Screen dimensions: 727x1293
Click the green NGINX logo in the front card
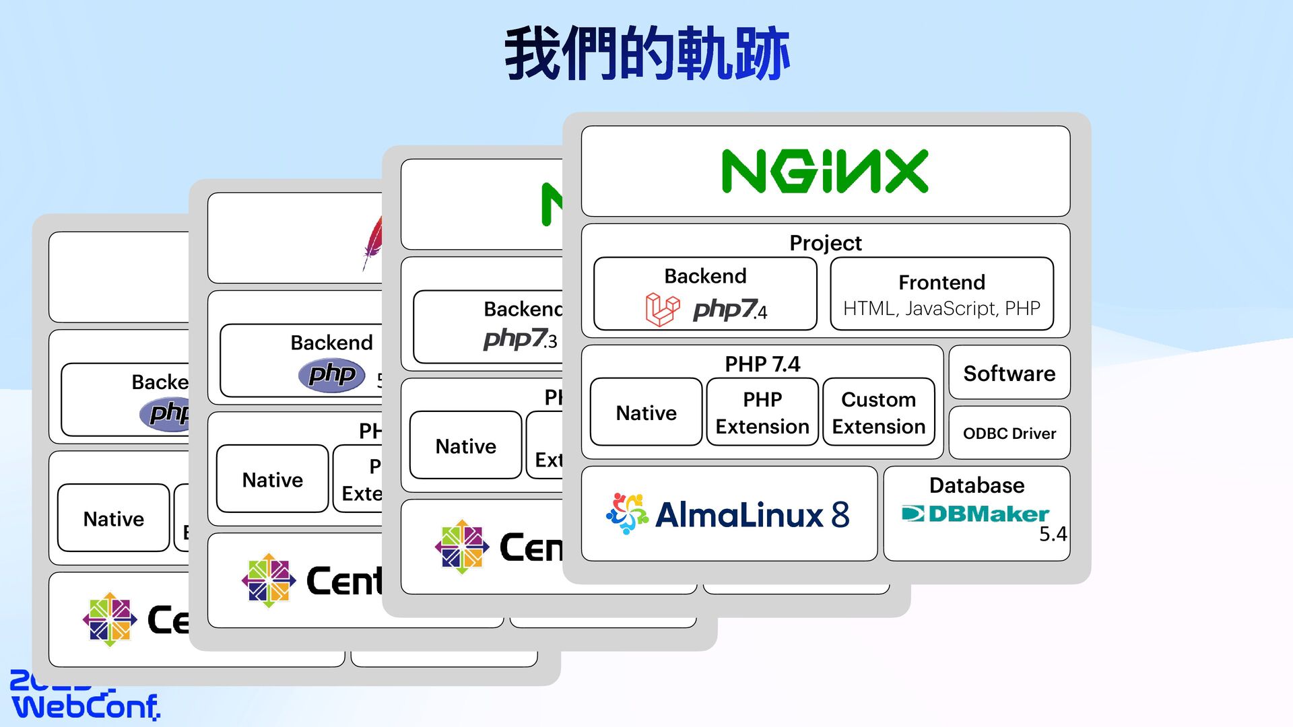(x=825, y=172)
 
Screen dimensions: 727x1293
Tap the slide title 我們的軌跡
(x=646, y=54)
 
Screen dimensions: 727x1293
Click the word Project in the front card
(x=825, y=243)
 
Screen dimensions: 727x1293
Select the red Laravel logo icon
(x=662, y=310)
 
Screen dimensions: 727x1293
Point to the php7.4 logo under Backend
(x=729, y=310)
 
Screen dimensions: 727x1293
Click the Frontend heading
(x=941, y=282)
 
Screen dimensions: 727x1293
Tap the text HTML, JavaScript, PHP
(x=941, y=308)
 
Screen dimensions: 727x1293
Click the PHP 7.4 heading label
(x=762, y=364)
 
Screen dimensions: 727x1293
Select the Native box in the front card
(x=646, y=413)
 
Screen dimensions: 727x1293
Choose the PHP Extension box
(x=762, y=413)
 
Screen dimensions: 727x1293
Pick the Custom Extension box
(x=878, y=413)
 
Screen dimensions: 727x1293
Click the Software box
(x=1009, y=373)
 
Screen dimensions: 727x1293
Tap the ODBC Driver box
(x=1009, y=433)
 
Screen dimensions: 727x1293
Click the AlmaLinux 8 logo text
(x=752, y=515)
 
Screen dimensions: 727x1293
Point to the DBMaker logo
(x=975, y=514)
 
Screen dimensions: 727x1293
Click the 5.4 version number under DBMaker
(x=1053, y=534)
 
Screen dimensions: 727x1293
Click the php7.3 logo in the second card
(x=520, y=339)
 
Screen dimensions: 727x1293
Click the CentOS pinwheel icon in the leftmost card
(x=110, y=619)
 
